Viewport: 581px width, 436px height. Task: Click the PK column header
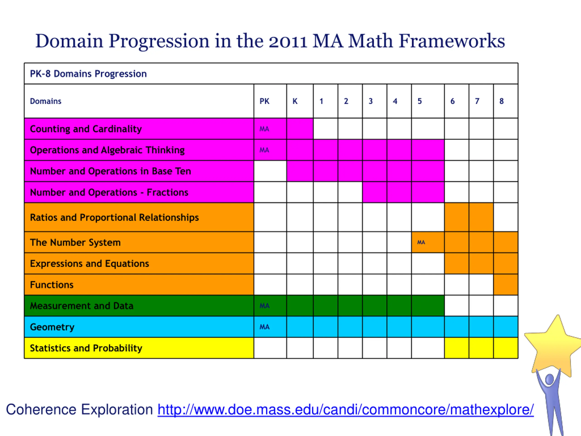coord(264,101)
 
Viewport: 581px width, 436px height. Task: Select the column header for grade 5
coord(420,101)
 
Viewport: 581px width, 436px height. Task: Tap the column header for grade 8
coord(502,101)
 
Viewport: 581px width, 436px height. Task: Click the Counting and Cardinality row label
coord(86,129)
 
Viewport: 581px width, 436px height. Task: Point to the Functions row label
coord(52,285)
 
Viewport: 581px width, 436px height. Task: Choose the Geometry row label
coord(52,327)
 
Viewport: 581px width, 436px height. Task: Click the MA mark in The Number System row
coord(421,242)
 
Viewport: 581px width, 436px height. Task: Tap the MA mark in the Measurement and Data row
coord(264,306)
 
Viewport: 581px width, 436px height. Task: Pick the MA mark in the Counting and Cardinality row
coord(264,129)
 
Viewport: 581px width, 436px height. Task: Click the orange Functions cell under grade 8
coord(506,285)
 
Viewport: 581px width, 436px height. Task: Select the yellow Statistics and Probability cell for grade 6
coord(456,348)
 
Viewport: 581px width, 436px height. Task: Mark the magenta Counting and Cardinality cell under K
coord(300,129)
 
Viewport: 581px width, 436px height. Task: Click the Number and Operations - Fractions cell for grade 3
coord(374,192)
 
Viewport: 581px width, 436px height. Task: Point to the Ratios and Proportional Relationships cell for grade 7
coord(481,217)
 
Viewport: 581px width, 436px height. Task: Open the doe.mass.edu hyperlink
coord(345,409)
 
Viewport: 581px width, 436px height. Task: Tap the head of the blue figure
coord(549,379)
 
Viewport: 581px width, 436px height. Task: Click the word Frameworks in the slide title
coord(452,41)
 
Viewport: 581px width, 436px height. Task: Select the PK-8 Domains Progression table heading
coord(88,74)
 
